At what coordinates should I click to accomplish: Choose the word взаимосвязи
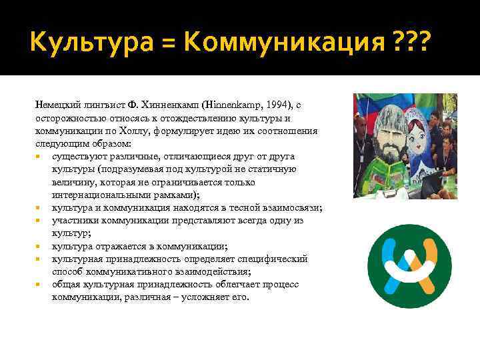[x=292, y=208]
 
